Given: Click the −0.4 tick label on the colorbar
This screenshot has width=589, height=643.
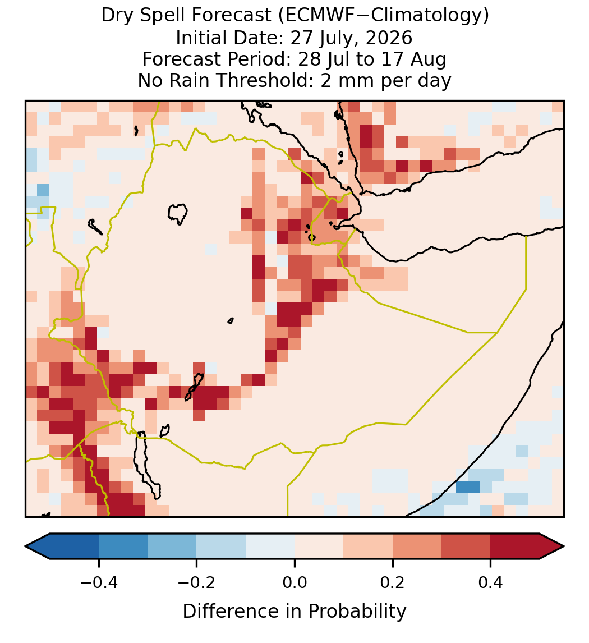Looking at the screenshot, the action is tap(98, 582).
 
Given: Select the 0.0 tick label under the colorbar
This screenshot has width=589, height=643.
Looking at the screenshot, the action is tap(294, 582).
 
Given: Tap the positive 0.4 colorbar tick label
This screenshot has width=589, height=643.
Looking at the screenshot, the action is tap(491, 582).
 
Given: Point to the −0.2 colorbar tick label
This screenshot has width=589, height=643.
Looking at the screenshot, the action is tap(196, 582).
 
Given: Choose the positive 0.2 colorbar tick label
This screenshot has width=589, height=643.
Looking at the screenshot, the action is tap(393, 582).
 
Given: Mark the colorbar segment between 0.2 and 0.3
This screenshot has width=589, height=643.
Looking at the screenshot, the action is tap(417, 546).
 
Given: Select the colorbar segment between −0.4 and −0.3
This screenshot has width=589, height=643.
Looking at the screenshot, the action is tap(123, 546).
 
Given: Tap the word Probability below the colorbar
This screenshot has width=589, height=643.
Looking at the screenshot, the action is tap(357, 612).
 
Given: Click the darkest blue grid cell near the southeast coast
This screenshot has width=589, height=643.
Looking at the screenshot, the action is tap(468, 487).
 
